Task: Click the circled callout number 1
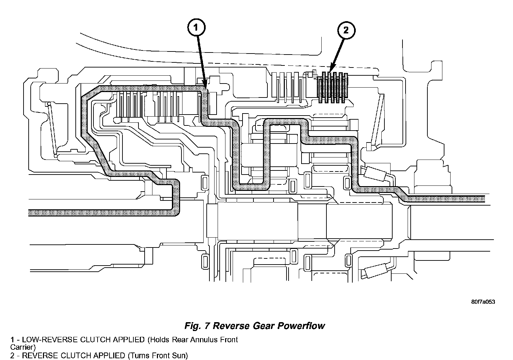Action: (x=196, y=28)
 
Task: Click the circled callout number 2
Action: (x=346, y=30)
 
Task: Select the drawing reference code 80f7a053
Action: (x=483, y=302)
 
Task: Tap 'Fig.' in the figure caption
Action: (x=193, y=326)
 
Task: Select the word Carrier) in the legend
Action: (x=23, y=347)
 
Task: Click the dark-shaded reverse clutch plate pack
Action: (x=333, y=88)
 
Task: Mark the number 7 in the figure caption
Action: (x=207, y=326)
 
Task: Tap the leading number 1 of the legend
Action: (x=12, y=340)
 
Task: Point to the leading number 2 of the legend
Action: (x=13, y=356)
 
